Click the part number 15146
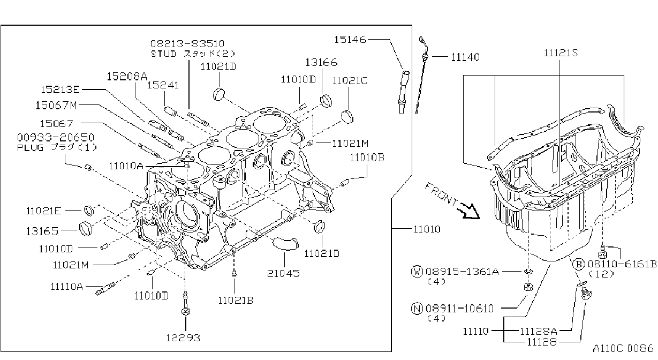click(350, 40)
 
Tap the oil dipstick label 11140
click(465, 57)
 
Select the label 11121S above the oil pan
click(561, 53)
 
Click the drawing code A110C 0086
click(623, 348)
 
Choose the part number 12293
click(183, 338)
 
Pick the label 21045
click(283, 274)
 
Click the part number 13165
click(42, 231)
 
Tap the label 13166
click(321, 62)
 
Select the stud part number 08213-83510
click(187, 44)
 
